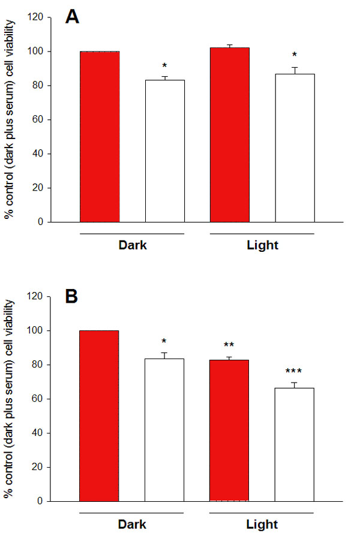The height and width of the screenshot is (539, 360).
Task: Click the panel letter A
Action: [x=73, y=17]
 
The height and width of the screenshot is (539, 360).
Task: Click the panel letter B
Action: [x=72, y=297]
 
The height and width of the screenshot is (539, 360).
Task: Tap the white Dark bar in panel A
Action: [x=164, y=150]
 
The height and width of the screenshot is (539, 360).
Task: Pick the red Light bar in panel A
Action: [x=229, y=135]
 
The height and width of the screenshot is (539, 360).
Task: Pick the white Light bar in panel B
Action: [x=294, y=444]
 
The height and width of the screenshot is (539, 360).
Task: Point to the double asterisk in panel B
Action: [x=229, y=345]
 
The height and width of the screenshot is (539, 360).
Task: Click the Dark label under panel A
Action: [x=132, y=246]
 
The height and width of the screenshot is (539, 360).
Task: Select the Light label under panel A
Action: [x=262, y=246]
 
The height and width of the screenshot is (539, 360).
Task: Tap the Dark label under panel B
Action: [x=132, y=525]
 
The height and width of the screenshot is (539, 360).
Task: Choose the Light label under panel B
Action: [x=262, y=525]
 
